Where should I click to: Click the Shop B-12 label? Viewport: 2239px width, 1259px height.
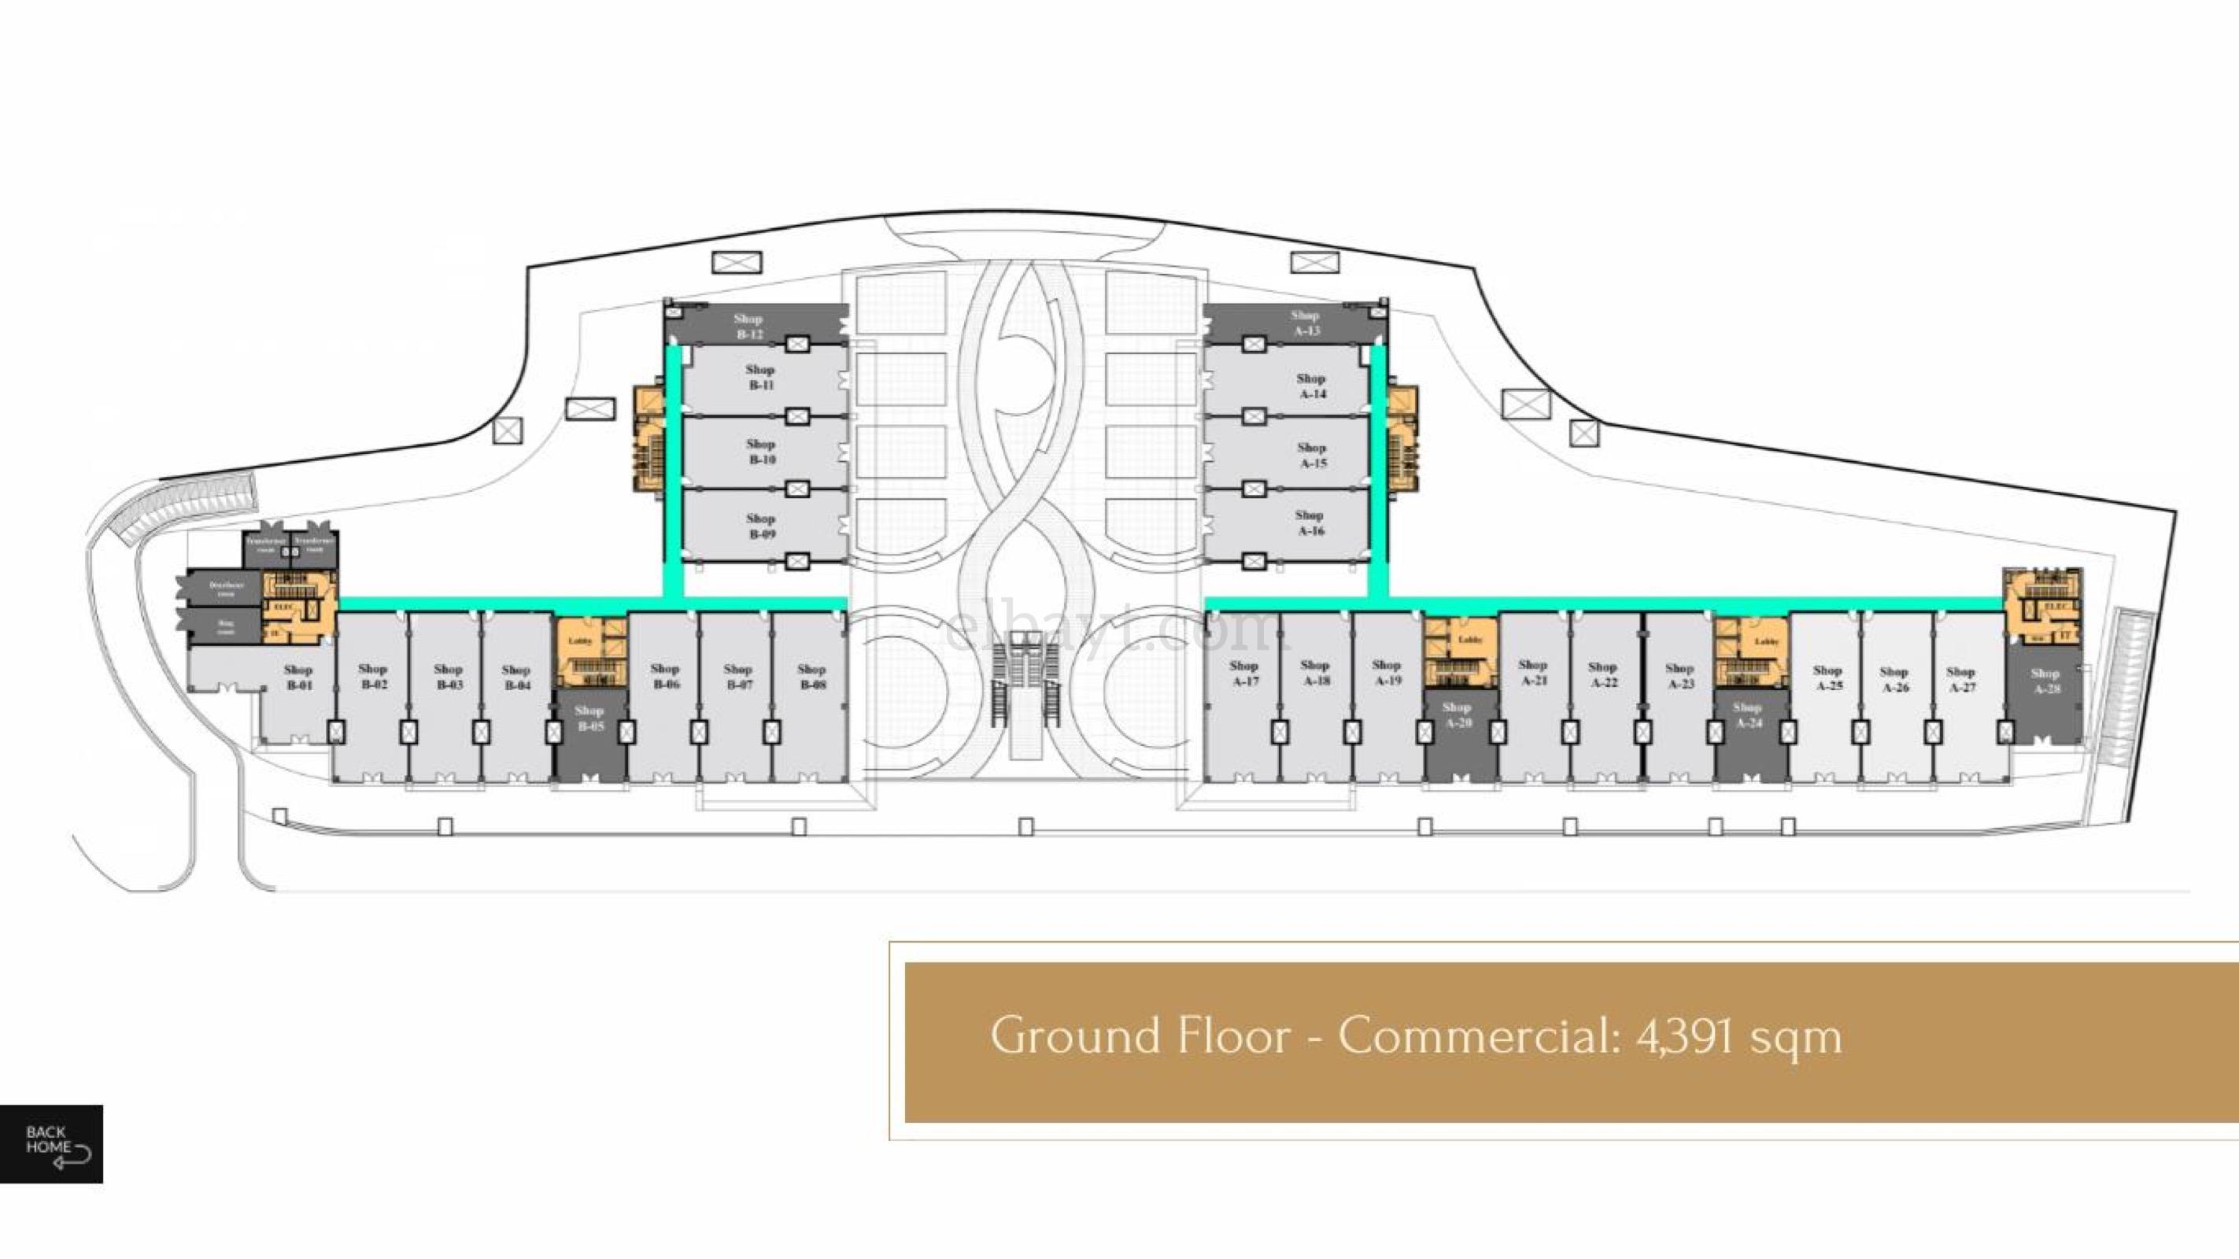tap(748, 326)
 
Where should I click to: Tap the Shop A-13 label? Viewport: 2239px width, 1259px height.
tap(1306, 323)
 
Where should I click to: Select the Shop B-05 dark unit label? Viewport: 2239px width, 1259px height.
tap(589, 718)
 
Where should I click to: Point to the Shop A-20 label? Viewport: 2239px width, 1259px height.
tap(1457, 714)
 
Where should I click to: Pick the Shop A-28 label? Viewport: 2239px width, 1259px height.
tap(2045, 681)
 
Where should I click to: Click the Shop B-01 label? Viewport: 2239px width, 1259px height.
tap(298, 677)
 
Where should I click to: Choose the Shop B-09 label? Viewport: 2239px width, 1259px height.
tap(760, 526)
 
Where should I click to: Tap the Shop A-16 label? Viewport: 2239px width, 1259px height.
tap(1310, 522)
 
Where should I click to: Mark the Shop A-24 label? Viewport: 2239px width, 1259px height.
tap(1747, 714)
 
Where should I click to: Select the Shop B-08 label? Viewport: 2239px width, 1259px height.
tap(812, 676)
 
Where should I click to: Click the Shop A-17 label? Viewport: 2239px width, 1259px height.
tap(1245, 673)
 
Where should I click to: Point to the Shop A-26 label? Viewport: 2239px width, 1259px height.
tap(1894, 678)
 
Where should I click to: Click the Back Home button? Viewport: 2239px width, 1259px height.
tap(51, 1143)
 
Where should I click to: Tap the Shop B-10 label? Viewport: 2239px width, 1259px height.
tap(760, 451)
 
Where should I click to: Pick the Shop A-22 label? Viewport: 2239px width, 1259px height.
tap(1603, 674)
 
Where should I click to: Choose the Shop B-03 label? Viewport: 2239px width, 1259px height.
tap(449, 676)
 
